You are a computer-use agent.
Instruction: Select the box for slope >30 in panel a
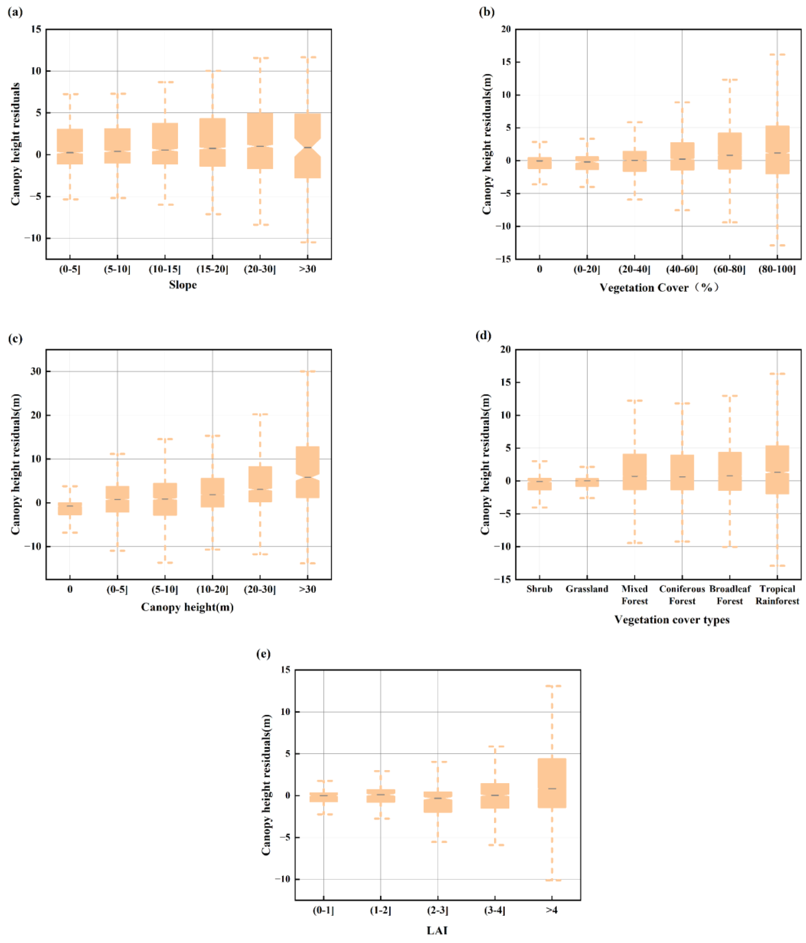pos(308,146)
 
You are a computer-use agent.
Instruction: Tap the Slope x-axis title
pos(183,285)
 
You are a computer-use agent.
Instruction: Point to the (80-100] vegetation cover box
pos(777,150)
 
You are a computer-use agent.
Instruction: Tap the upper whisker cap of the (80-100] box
pos(777,55)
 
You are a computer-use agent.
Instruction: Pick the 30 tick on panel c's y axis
pos(35,371)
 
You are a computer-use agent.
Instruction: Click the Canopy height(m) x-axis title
pos(187,607)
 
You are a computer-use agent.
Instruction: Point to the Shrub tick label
pos(539,589)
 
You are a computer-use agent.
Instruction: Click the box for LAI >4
pos(552,783)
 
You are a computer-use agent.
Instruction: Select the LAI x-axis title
pos(437,930)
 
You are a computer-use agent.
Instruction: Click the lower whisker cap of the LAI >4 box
pos(552,880)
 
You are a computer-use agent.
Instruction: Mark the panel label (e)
pos(263,654)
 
